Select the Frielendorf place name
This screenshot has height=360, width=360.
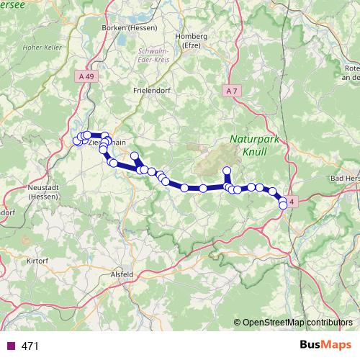coord(150,91)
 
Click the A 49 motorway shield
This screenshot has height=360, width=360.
coord(86,75)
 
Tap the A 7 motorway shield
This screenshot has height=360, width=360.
coord(230,91)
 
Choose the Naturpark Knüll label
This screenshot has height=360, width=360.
coord(248,146)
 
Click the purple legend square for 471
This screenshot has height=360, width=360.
coord(9,346)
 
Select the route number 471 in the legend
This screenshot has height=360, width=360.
coord(30,346)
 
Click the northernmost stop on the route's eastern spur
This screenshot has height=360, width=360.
coord(227,171)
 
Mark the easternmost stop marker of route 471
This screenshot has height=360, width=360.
coord(283,205)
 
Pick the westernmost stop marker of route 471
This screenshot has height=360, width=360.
coord(76,141)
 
